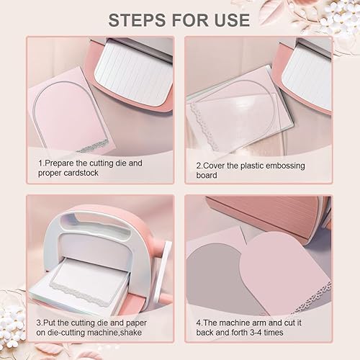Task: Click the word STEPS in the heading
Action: [138, 20]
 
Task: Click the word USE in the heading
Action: [232, 20]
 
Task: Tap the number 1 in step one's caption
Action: [40, 163]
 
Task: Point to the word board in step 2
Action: [207, 175]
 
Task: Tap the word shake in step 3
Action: [130, 333]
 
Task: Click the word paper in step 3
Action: [136, 323]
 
